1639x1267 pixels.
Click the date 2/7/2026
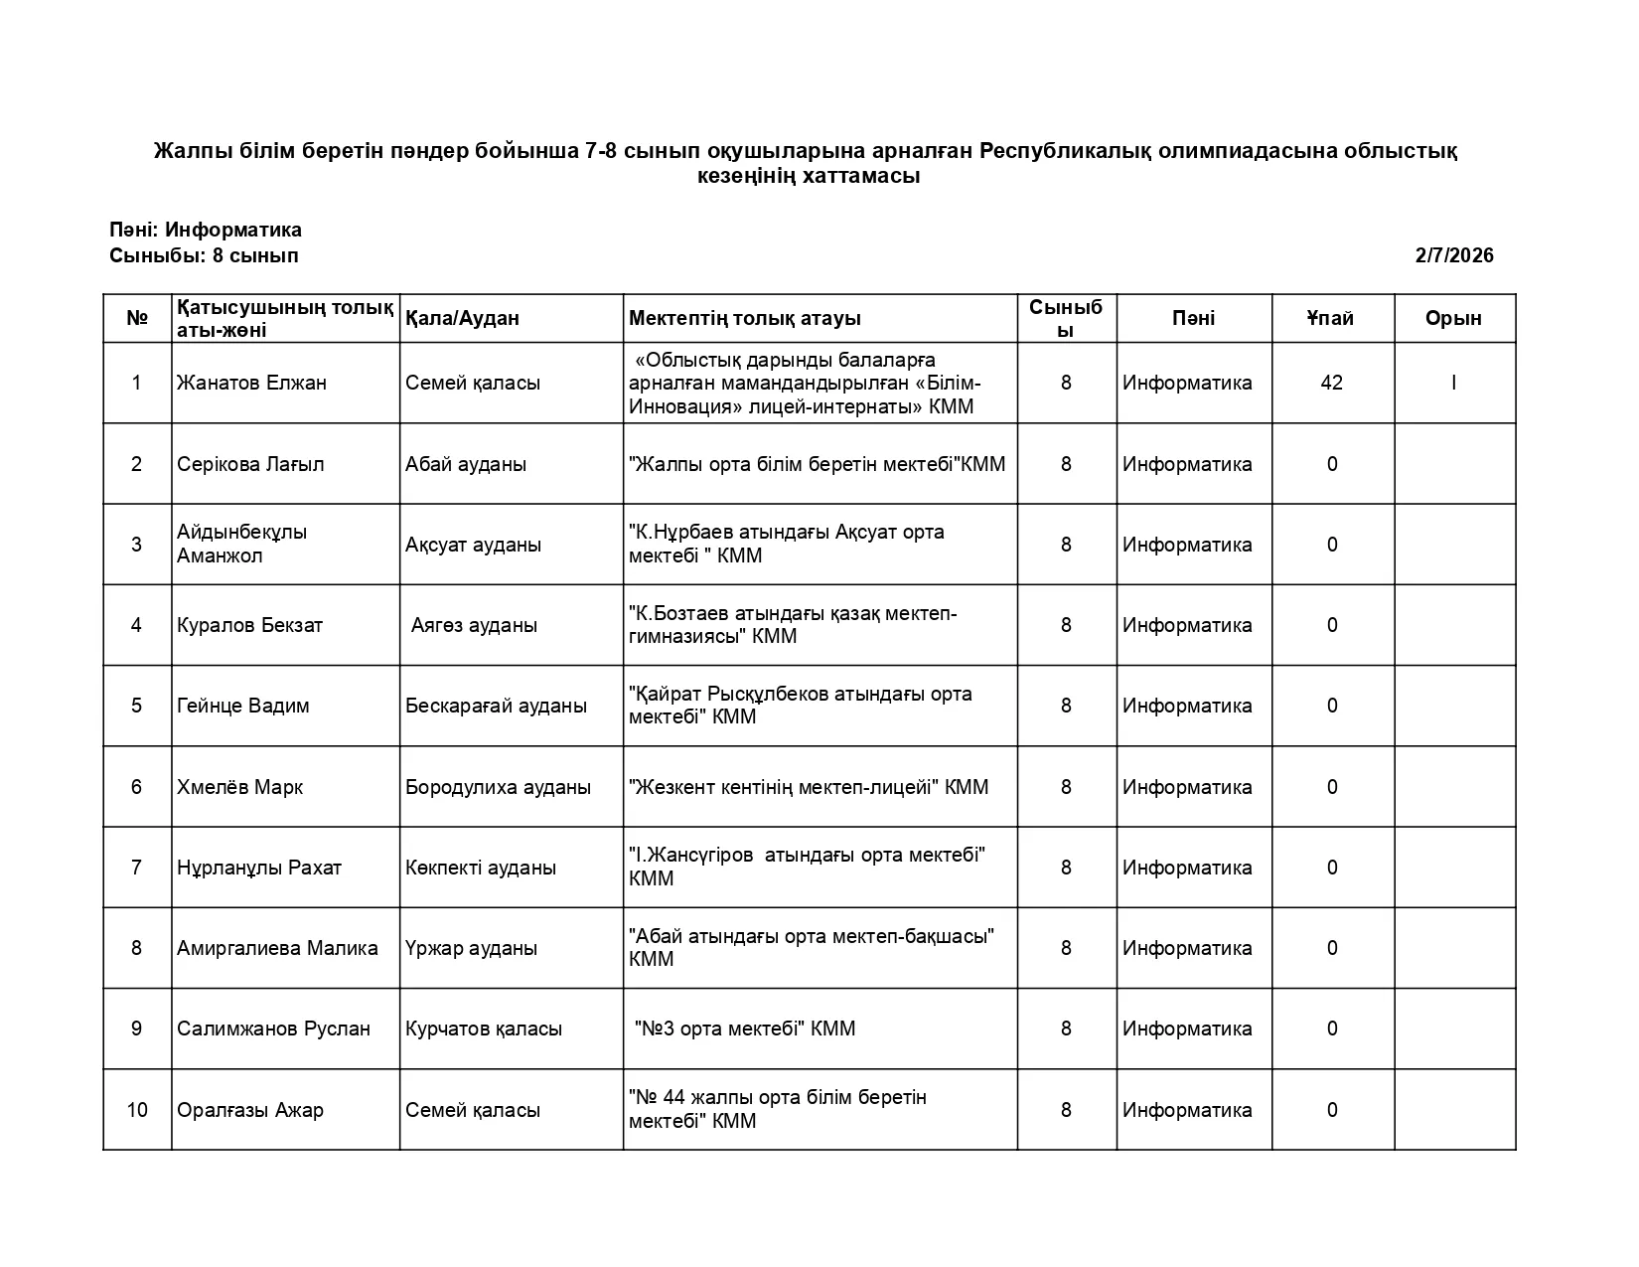pos(1453,255)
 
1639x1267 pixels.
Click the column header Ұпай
pos(1331,318)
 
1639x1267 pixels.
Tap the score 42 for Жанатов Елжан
pos(1331,383)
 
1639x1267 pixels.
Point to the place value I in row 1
pos(1453,383)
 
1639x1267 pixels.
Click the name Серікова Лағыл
pos(250,464)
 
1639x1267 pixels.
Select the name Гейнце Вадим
pos(243,706)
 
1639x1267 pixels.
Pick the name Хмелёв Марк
pos(239,787)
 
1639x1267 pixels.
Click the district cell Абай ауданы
pos(466,464)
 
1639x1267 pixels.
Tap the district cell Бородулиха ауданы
pos(498,787)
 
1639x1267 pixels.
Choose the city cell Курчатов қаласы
pos(484,1029)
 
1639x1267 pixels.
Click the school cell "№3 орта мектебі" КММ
pos(744,1029)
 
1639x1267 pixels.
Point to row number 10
pos(137,1110)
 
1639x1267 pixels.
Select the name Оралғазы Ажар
pos(250,1110)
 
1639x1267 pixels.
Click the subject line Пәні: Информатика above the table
pos(206,230)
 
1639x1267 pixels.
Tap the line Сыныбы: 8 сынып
pos(204,255)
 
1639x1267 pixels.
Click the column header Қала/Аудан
pos(462,318)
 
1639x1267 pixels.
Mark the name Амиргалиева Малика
pos(277,948)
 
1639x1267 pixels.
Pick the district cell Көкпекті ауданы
pos(481,868)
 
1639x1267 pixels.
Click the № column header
pos(137,318)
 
